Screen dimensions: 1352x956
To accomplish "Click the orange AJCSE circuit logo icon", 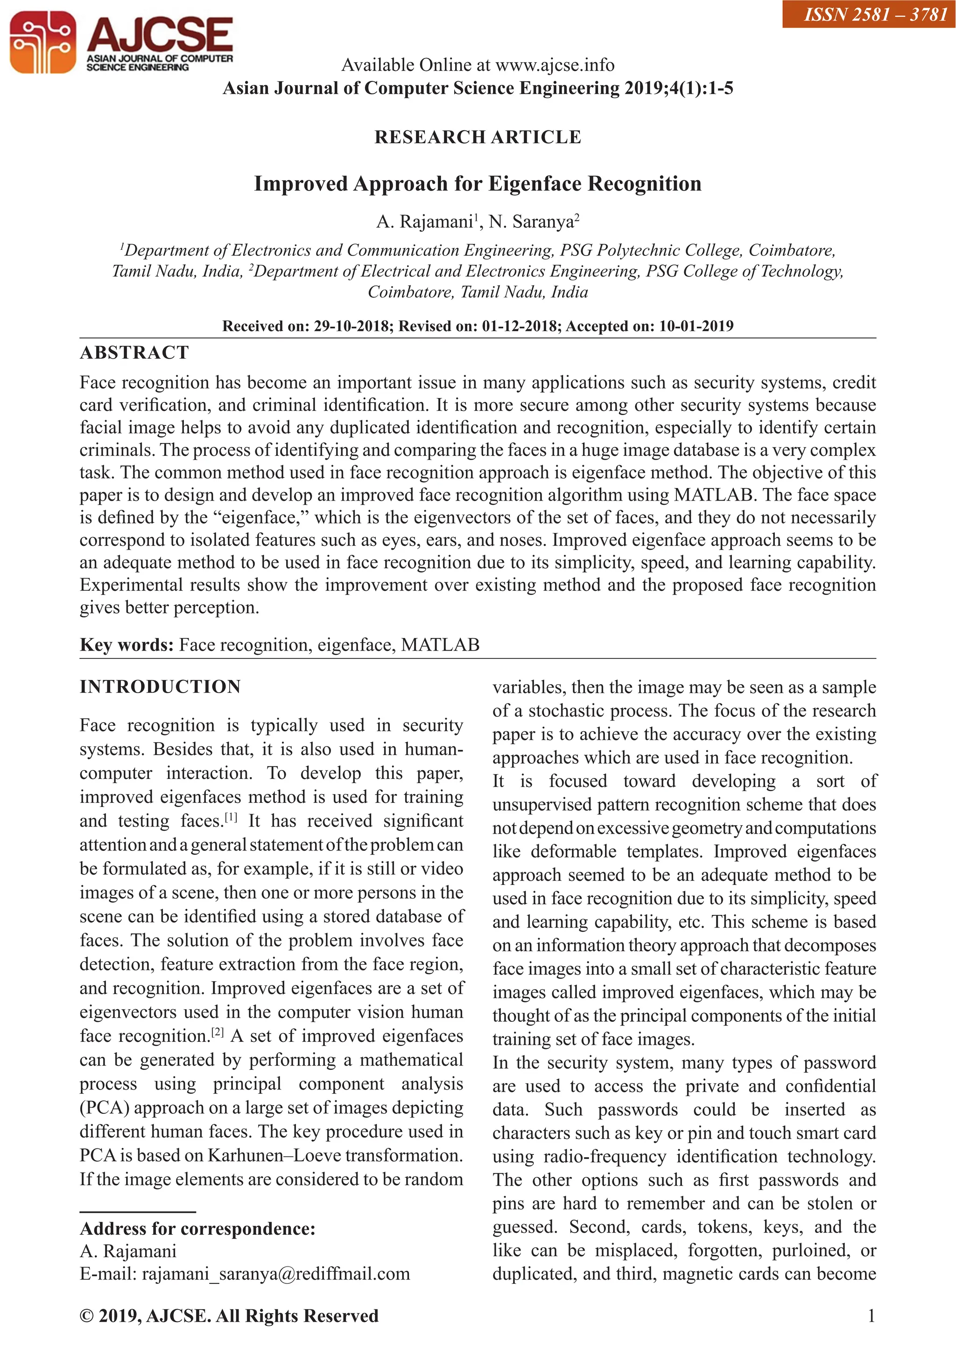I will tap(42, 42).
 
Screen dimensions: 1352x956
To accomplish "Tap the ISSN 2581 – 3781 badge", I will tap(869, 14).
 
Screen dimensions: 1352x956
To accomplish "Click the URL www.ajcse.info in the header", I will tap(555, 65).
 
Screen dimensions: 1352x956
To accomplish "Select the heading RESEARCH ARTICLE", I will tap(478, 137).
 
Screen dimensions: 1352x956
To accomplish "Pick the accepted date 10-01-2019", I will tap(696, 326).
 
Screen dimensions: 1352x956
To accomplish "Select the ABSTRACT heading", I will tap(134, 353).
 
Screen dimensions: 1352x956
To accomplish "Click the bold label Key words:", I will tap(127, 645).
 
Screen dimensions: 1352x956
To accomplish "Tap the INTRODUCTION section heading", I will tap(160, 687).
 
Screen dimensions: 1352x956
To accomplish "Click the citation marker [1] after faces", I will tap(231, 818).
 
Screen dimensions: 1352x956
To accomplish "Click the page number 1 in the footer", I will tap(871, 1316).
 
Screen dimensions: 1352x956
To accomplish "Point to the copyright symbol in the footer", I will tap(86, 1316).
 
